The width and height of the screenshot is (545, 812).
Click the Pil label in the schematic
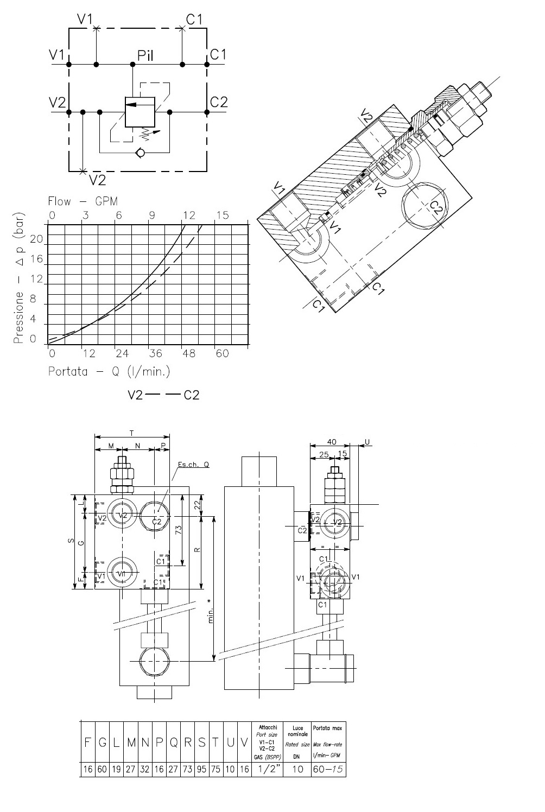tap(146, 55)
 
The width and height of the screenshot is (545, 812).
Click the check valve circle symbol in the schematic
tap(141, 153)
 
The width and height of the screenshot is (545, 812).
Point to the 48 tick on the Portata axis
tap(189, 354)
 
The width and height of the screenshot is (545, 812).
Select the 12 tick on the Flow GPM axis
tap(189, 215)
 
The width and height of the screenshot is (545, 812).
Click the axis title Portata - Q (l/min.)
tap(109, 372)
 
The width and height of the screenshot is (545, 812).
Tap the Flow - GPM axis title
tap(83, 202)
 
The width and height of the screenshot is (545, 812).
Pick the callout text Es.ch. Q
tap(193, 465)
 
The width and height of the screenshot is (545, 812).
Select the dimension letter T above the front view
tap(132, 433)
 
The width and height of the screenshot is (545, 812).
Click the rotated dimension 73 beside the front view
tap(178, 529)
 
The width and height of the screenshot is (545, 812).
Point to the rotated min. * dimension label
tap(211, 612)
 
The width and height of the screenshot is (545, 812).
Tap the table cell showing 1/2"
tap(267, 769)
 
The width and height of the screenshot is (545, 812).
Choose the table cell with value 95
tap(201, 769)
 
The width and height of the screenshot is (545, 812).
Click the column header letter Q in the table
tap(174, 743)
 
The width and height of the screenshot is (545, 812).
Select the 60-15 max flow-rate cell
tap(328, 769)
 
